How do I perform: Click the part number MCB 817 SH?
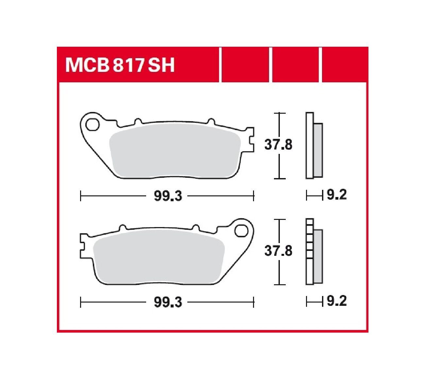click(120, 65)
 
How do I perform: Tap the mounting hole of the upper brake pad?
click(92, 124)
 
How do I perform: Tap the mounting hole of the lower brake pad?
click(241, 231)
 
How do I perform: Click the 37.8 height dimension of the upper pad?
click(278, 145)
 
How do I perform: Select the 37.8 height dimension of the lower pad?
click(278, 251)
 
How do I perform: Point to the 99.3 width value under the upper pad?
click(168, 196)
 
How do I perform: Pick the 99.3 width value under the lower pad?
click(168, 302)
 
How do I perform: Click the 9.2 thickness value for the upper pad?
click(336, 195)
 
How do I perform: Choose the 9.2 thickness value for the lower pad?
click(336, 301)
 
